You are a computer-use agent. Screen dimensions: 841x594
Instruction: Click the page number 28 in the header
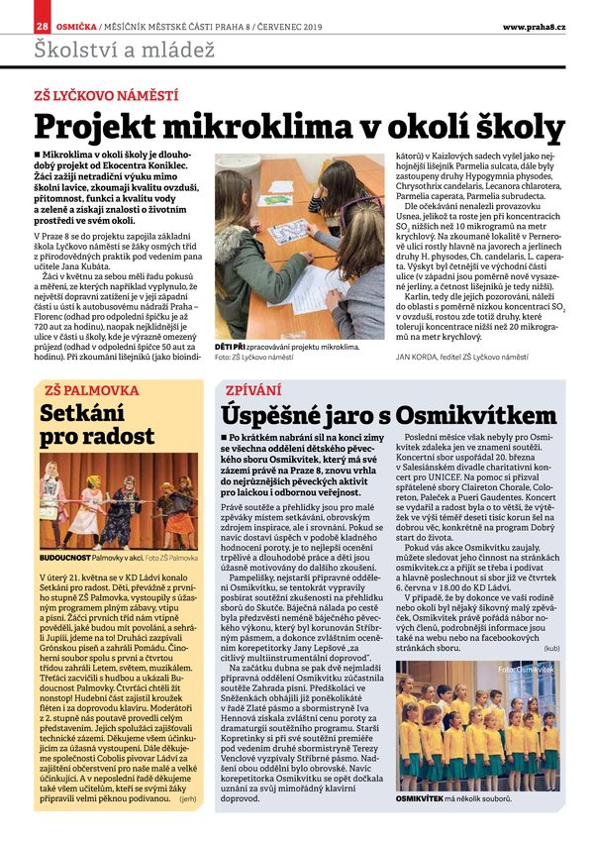42,23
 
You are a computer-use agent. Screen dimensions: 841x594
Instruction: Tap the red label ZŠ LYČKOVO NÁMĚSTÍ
106,96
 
